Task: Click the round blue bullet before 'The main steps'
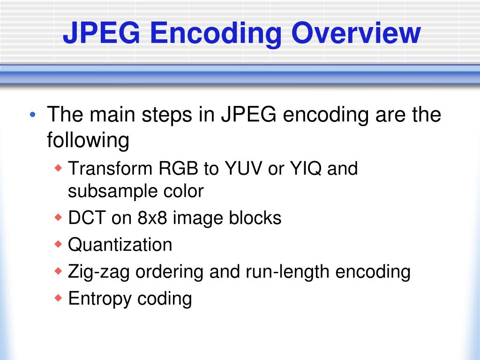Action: [32, 115]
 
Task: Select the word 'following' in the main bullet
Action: [88, 141]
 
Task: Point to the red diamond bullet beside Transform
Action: [59, 168]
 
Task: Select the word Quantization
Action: [120, 245]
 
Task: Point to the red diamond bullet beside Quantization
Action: [59, 244]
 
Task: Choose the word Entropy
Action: [100, 299]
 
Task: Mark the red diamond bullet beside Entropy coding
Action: [59, 298]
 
